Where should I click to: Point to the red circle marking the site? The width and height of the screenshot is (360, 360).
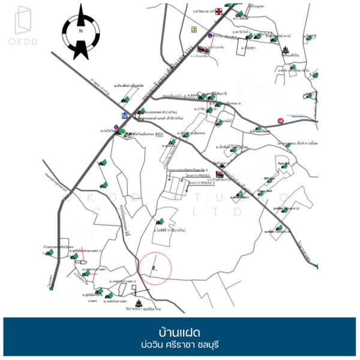[155, 267]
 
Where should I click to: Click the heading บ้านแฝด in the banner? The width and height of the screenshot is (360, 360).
[179, 332]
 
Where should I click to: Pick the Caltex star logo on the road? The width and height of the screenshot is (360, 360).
[280, 121]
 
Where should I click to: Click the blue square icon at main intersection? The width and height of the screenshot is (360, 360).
[124, 114]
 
